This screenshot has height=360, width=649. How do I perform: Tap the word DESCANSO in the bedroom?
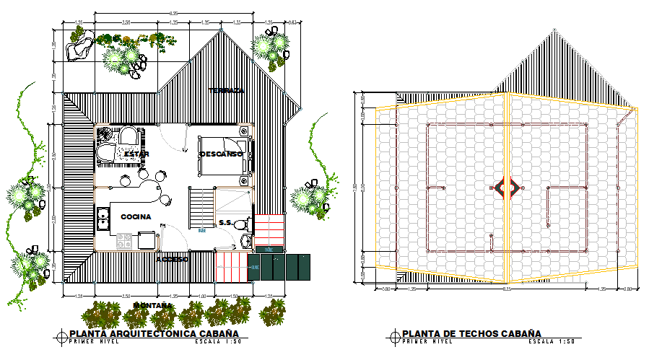click(222, 154)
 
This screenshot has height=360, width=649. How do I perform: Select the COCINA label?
click(136, 216)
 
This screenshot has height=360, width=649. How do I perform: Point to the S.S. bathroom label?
click(226, 222)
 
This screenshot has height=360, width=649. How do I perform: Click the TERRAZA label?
click(227, 91)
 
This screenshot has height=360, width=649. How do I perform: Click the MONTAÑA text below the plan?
click(152, 306)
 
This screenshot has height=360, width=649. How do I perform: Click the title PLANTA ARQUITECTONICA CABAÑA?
click(154, 333)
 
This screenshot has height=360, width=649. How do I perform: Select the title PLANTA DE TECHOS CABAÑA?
click(471, 333)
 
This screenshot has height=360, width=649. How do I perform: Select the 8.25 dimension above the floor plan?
click(174, 14)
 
